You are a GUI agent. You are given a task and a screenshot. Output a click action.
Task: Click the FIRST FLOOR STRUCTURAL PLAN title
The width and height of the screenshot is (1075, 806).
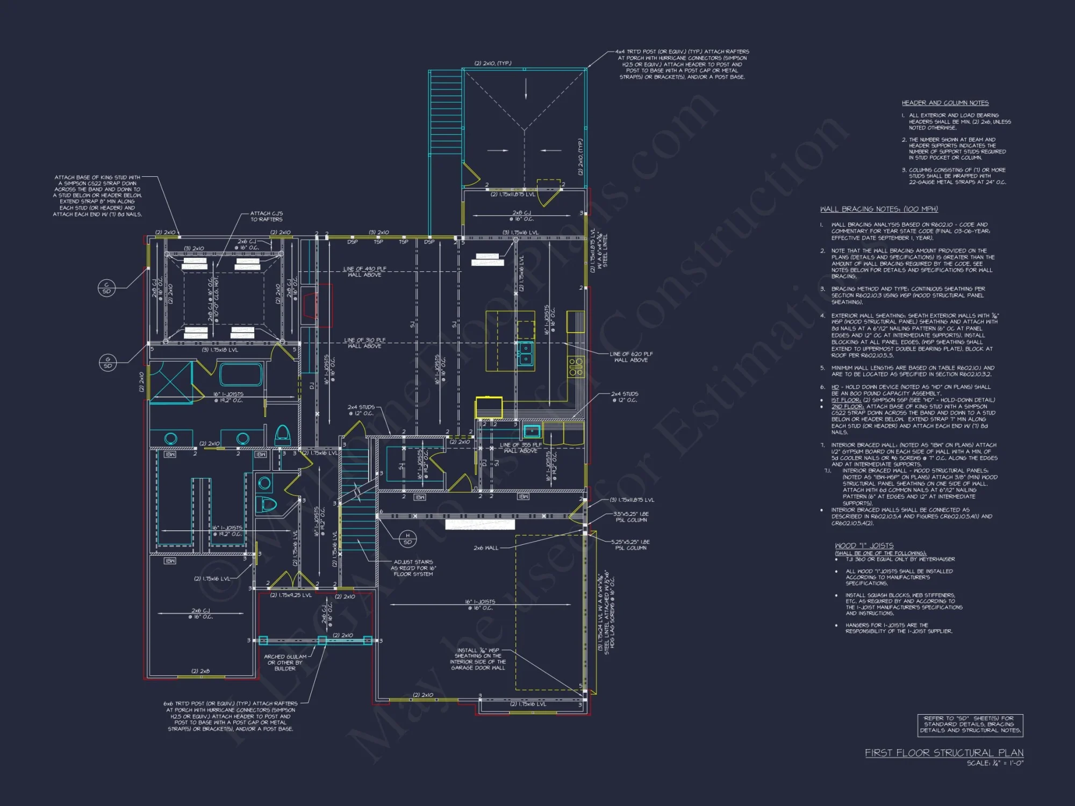pyautogui.click(x=944, y=753)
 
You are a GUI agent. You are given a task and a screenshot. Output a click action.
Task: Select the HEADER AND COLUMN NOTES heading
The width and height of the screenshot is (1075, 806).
pyautogui.click(x=945, y=103)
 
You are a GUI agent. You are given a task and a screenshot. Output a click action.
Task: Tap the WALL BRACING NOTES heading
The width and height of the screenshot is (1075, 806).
pyautogui.click(x=879, y=209)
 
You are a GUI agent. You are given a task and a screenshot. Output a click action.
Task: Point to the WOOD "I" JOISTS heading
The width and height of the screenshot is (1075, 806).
pyautogui.click(x=864, y=545)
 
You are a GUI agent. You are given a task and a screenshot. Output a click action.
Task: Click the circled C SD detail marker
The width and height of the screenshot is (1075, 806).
pyautogui.click(x=106, y=288)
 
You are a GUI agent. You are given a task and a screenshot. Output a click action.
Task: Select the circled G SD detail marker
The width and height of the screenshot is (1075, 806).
pyautogui.click(x=107, y=363)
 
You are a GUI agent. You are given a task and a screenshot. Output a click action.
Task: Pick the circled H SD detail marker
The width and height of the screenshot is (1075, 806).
pyautogui.click(x=407, y=538)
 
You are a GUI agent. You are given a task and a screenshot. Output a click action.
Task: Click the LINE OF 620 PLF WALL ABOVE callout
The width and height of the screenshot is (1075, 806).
pyautogui.click(x=630, y=357)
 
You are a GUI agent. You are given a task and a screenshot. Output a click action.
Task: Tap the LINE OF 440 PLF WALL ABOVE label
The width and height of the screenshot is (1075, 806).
pyautogui.click(x=364, y=271)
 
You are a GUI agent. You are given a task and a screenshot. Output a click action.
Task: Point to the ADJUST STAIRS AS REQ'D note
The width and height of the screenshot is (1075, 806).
pyautogui.click(x=413, y=568)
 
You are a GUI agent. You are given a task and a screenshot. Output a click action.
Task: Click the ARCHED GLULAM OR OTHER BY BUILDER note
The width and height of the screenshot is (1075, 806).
pyautogui.click(x=285, y=663)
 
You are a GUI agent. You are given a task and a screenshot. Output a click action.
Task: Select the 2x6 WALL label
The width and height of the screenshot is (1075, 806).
pyautogui.click(x=485, y=548)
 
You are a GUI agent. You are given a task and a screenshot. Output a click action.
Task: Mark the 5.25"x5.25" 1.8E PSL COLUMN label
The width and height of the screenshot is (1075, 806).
pyautogui.click(x=630, y=545)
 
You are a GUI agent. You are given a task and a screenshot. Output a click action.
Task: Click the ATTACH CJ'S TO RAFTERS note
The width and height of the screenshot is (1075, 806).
pyautogui.click(x=266, y=216)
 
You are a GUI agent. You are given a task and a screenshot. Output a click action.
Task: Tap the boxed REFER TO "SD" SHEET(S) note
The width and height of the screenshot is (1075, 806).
pyautogui.click(x=970, y=724)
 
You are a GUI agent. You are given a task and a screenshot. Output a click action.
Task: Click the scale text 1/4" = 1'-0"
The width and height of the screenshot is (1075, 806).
pyautogui.click(x=995, y=763)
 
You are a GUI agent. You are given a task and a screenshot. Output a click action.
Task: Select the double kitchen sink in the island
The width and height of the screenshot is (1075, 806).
pyautogui.click(x=525, y=353)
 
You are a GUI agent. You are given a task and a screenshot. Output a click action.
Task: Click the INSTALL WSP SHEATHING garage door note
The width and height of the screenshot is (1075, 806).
pyautogui.click(x=478, y=659)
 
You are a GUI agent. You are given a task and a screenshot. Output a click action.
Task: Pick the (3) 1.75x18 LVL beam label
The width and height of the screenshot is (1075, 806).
pyautogui.click(x=220, y=350)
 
